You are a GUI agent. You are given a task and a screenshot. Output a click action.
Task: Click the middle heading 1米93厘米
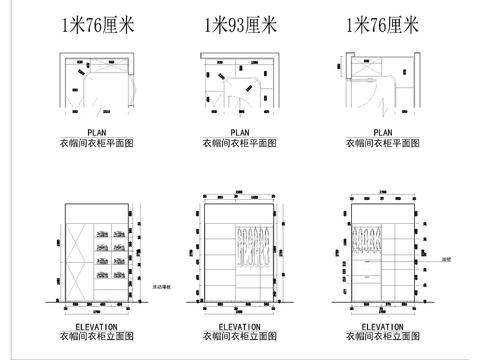[x=240, y=24]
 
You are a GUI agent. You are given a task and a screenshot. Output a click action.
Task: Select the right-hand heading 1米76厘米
[x=383, y=24]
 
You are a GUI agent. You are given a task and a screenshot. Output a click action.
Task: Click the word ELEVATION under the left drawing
[x=97, y=326]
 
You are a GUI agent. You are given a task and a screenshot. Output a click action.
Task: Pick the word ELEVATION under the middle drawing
[x=240, y=326]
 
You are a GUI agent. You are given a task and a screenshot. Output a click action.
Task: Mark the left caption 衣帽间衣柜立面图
[x=97, y=338]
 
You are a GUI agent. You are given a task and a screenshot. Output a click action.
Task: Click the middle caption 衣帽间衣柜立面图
[x=240, y=338]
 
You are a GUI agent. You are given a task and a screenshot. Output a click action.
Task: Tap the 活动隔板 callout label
[x=160, y=288]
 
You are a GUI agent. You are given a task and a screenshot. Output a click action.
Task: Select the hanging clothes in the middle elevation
[x=254, y=247]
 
